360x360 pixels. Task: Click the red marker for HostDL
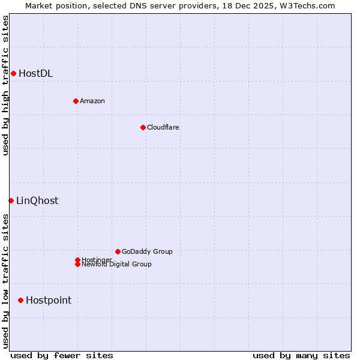coord(13,73)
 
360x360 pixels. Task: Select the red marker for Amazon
coord(76,101)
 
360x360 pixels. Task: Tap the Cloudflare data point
coord(143,127)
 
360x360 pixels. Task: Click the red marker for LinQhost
coord(11,200)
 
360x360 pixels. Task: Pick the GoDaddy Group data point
coord(118,251)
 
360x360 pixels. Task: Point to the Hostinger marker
coord(77,260)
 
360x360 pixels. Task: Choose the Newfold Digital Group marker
coord(77,264)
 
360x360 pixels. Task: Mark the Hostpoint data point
coord(20,300)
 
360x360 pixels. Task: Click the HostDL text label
coord(35,74)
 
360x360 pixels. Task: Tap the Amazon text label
coord(92,101)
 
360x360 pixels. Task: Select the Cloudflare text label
coord(163,127)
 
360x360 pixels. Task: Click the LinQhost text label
coord(37,201)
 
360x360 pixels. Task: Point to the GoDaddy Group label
coord(147,251)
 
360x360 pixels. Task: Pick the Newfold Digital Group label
coord(116,265)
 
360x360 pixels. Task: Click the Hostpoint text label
coord(49,301)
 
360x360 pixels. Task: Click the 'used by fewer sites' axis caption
coord(62,355)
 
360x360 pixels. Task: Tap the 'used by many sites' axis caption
coord(301,355)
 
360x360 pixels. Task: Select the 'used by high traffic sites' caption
coord(5,85)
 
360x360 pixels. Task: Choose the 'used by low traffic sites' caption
coord(5,281)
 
